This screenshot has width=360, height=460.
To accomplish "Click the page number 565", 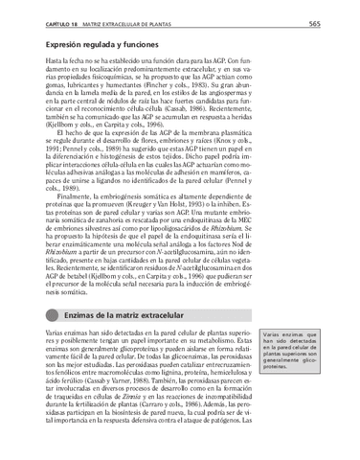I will click(x=341, y=22).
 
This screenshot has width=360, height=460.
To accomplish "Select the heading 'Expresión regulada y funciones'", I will click(x=104, y=44).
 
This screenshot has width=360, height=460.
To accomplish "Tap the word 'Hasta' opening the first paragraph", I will click(x=58, y=61).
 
